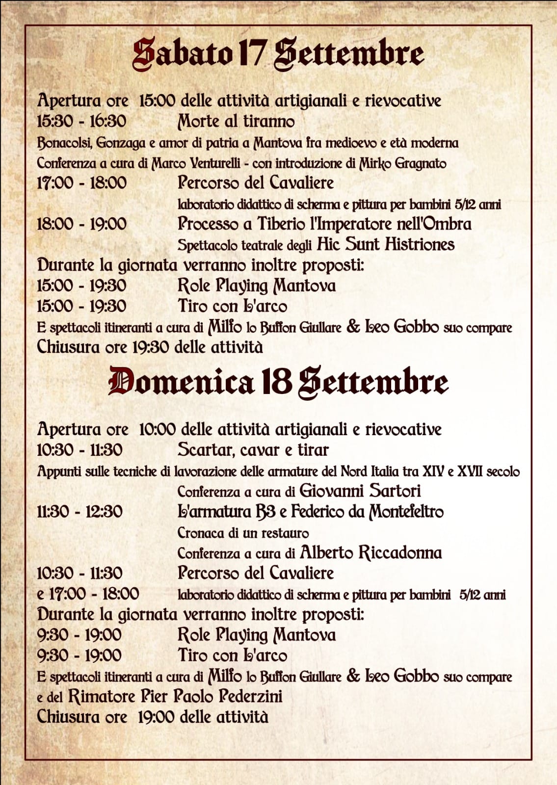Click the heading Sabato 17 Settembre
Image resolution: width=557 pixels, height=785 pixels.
278,54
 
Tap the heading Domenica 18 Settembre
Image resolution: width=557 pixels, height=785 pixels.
278,382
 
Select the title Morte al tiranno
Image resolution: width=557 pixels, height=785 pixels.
236,121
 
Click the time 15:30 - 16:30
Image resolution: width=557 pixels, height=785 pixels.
81,121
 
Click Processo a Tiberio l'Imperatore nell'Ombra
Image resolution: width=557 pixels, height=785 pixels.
324,224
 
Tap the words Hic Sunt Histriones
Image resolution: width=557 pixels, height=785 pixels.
386,244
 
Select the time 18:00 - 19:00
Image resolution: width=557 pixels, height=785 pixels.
81,224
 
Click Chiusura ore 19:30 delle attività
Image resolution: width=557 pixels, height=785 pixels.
150,347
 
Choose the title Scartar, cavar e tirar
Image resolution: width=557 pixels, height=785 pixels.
253,449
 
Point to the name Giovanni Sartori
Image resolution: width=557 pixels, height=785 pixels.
360,491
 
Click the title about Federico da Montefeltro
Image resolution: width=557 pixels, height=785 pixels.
310,512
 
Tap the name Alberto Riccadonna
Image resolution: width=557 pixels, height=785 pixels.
371,553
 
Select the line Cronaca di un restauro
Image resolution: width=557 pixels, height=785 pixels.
243,533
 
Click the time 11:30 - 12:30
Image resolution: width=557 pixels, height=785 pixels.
80,512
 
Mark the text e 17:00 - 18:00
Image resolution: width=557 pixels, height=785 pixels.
88,594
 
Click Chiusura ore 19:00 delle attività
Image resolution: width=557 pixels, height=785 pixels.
152,717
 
